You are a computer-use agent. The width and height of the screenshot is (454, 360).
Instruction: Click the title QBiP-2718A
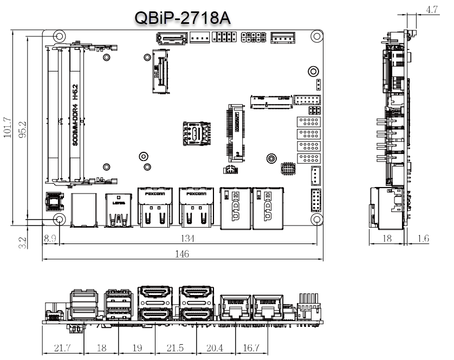(x=183, y=18)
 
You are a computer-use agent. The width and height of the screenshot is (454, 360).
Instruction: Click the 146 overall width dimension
(x=183, y=254)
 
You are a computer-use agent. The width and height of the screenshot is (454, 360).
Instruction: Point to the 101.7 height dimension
(x=7, y=128)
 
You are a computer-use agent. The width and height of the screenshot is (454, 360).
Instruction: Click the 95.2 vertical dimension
(x=23, y=128)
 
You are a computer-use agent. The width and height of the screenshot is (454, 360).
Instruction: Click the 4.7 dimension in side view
(x=432, y=9)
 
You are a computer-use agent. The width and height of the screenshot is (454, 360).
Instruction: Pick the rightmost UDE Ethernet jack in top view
(x=268, y=206)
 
